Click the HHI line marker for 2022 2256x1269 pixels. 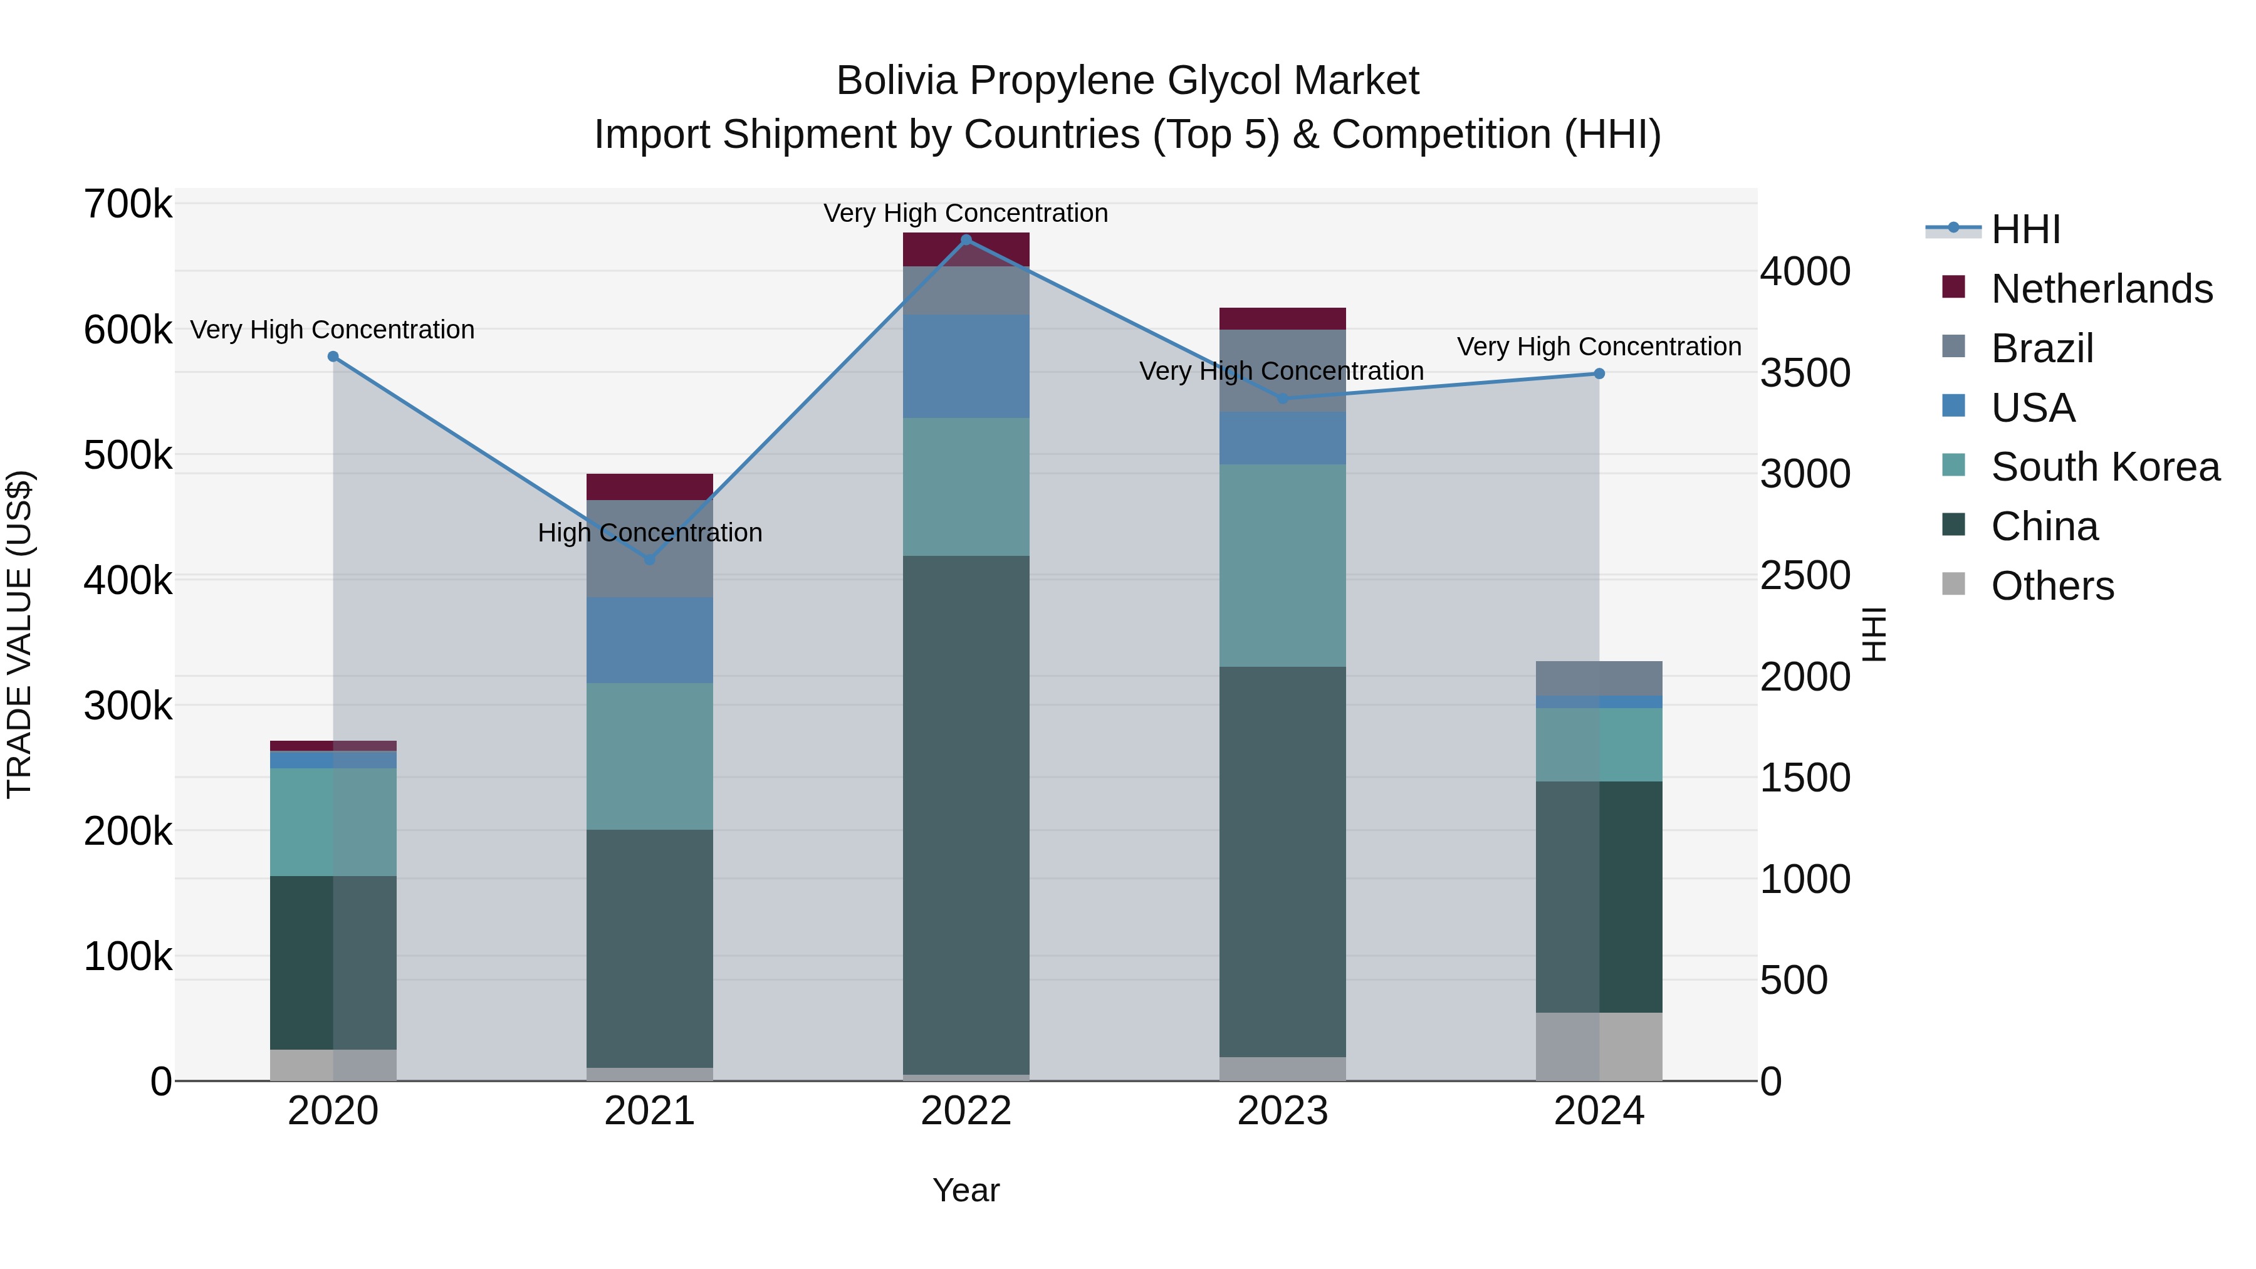(966, 240)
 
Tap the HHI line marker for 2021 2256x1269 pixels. (650, 560)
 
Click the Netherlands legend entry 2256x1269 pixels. (2101, 289)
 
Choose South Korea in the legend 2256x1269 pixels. (2104, 467)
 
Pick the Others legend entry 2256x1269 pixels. (2052, 586)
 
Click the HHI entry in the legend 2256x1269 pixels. (2025, 229)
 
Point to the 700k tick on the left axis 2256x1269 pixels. (128, 205)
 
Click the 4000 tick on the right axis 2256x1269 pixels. (1805, 271)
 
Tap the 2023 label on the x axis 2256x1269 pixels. (1282, 1111)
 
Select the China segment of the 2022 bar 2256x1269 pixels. (966, 815)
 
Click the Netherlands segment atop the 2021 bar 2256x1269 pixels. (650, 487)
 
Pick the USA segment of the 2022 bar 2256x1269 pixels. (966, 366)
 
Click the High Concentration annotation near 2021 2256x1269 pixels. (650, 533)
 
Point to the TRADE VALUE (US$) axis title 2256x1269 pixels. (19, 634)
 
